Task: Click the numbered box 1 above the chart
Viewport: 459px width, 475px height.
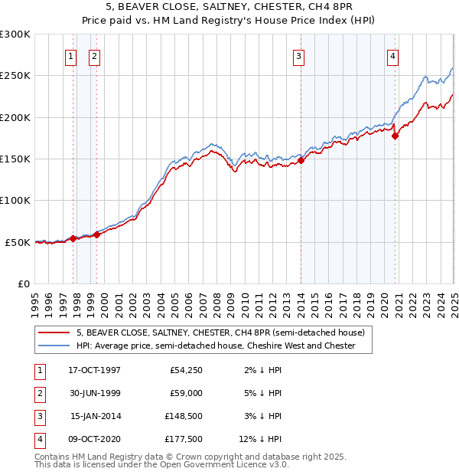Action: pos(70,55)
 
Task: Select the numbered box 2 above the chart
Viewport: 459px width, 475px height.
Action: pos(93,55)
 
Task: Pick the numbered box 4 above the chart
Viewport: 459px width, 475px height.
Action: pos(392,55)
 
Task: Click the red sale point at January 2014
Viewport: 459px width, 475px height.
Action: pos(301,160)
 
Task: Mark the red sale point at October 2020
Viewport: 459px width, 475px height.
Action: pos(396,136)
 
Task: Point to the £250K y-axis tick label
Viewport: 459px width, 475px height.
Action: pos(15,76)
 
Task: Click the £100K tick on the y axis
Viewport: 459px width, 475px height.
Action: pos(15,200)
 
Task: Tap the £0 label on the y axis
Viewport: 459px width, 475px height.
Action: pos(22,283)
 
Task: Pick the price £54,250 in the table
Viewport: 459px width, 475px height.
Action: pos(184,371)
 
